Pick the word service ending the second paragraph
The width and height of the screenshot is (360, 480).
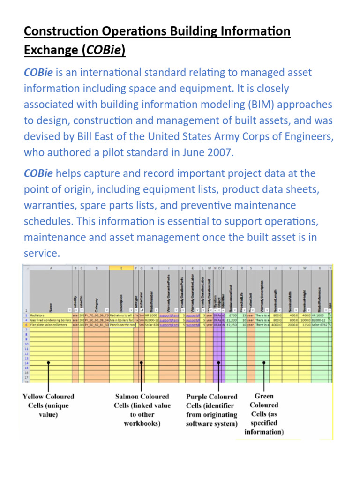click(41, 253)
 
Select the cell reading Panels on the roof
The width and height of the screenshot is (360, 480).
click(121, 324)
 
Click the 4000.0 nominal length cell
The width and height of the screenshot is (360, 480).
click(275, 324)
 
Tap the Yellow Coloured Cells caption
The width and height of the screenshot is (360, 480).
click(49, 405)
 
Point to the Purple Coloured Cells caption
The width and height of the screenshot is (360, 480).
click(212, 410)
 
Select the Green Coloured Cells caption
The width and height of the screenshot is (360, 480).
click(264, 414)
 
